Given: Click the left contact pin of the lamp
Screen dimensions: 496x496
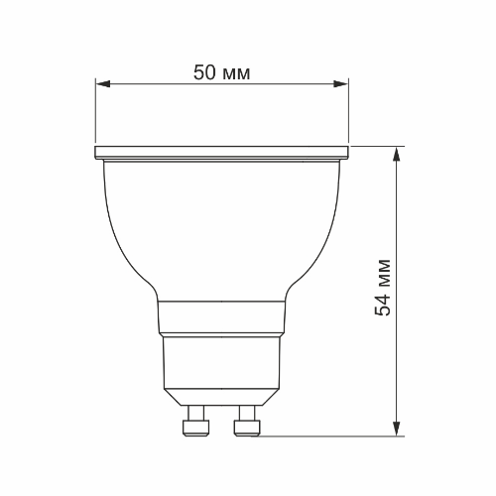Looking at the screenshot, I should click(196, 427).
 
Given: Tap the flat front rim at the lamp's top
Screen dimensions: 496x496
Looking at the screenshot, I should click(222, 154).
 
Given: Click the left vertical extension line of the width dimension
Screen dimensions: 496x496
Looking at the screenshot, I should click(96, 114).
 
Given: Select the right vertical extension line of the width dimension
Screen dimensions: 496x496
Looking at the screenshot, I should click(349, 114).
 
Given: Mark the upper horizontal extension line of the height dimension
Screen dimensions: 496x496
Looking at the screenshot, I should click(377, 147).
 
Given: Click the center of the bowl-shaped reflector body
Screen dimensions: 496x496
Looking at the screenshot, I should click(222, 223).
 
